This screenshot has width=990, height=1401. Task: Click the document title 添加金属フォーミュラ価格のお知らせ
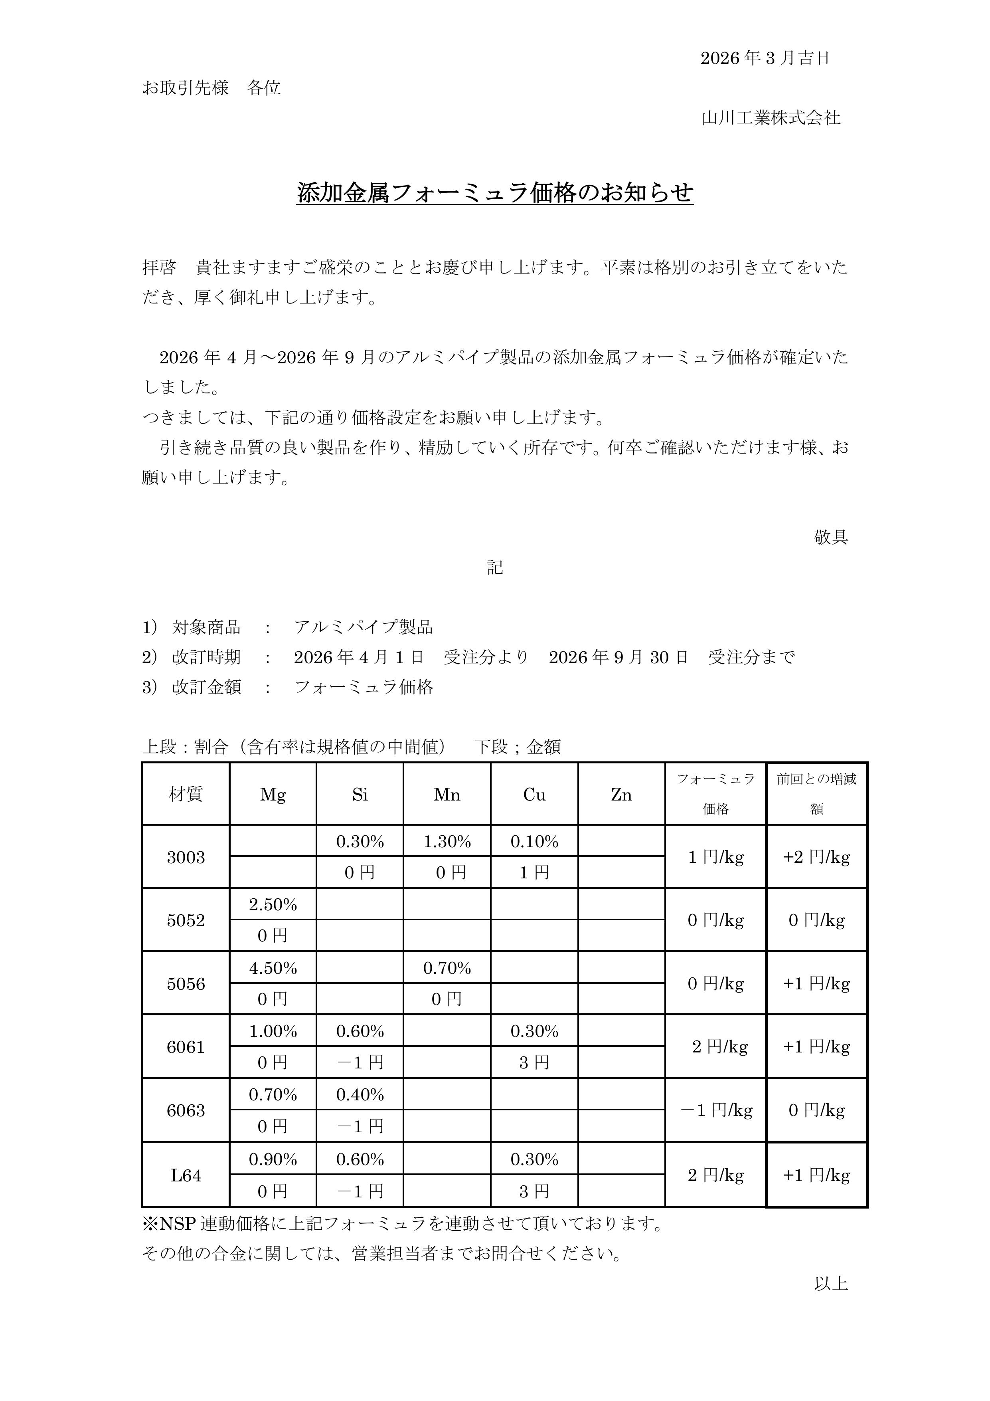tap(495, 193)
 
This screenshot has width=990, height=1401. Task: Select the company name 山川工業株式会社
tap(771, 118)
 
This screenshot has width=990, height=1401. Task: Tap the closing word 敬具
tap(831, 537)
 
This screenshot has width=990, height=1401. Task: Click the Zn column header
tap(621, 795)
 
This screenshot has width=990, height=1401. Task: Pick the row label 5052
tap(186, 920)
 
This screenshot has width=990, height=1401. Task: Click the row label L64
tap(186, 1175)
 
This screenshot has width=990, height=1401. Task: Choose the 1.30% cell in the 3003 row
tap(447, 842)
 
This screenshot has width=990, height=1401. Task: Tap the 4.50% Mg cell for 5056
tap(273, 968)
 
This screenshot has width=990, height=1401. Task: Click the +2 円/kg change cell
tap(816, 857)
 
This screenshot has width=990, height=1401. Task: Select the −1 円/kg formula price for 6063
tap(716, 1110)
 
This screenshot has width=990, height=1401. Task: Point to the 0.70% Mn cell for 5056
tap(447, 968)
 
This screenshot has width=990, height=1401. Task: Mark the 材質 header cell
tap(186, 795)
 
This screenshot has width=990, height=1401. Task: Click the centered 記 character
tap(495, 567)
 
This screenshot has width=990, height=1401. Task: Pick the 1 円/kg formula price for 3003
tap(716, 857)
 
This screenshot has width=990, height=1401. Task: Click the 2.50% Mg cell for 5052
tap(273, 904)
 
